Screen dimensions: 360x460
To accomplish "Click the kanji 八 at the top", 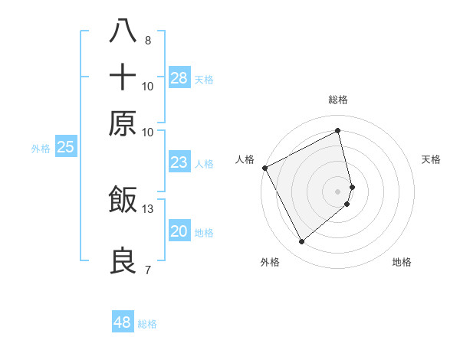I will tap(123, 30).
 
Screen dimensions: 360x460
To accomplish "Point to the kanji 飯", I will tap(123, 199).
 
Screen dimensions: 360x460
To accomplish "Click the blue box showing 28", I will tap(179, 77).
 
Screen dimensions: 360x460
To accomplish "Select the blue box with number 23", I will tap(179, 162).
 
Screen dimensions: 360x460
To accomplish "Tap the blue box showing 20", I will tap(179, 231).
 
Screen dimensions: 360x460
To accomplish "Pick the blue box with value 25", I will tap(65, 147).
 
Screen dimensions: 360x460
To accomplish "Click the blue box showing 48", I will tap(123, 322).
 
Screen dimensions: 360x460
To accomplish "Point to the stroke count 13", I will tap(148, 208).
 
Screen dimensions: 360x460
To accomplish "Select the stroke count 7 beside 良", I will tap(147, 270).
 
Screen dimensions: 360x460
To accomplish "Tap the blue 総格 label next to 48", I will tap(147, 324).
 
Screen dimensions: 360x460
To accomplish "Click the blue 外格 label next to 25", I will tap(40, 149).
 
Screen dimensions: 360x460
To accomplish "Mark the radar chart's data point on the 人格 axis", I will tap(264, 168).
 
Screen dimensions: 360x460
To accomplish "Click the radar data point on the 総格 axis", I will tap(338, 130).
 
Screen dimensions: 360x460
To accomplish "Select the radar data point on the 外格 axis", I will tap(301, 242).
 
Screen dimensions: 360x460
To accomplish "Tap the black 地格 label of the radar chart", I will tap(402, 262).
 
